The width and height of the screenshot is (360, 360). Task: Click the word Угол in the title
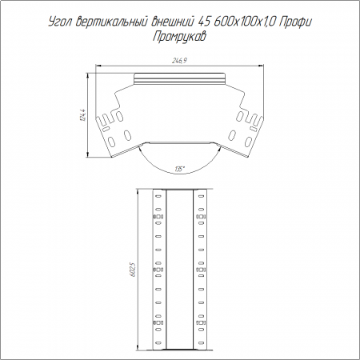click(x=61, y=22)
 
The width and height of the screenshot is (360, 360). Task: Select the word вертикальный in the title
click(x=111, y=22)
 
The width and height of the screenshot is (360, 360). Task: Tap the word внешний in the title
click(x=172, y=22)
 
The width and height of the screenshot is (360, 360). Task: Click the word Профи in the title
click(x=295, y=22)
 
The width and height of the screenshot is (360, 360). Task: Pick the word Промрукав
click(x=179, y=37)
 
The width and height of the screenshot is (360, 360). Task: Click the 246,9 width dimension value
click(x=179, y=61)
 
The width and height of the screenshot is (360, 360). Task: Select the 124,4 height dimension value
click(x=83, y=115)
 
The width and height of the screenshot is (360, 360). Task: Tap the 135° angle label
click(x=180, y=169)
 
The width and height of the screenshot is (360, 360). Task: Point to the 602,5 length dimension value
click(x=134, y=269)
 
